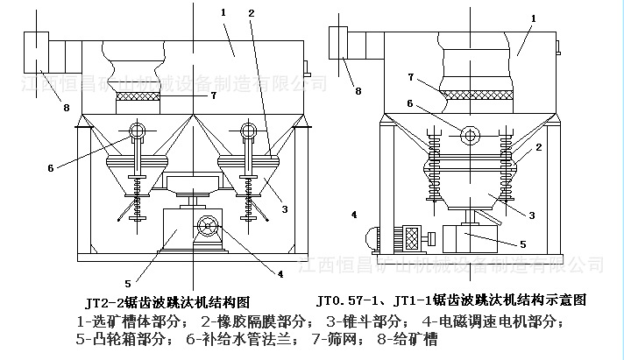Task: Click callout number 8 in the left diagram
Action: coord(66,108)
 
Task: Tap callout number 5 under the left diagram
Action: coord(127,283)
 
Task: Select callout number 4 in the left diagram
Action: coord(280,273)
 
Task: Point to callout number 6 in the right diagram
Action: coord(408,103)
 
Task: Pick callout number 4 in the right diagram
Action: coord(354,213)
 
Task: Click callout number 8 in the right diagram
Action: coord(358,90)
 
